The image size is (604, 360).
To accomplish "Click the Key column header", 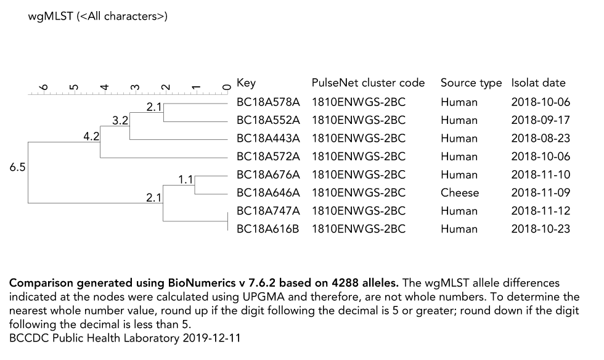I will (246, 83).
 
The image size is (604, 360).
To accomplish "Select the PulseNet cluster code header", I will (368, 83).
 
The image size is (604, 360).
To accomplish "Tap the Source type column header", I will (471, 83).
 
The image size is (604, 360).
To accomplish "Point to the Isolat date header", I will (538, 83).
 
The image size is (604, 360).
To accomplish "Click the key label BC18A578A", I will (268, 102).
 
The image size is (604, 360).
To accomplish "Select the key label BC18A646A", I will (268, 192).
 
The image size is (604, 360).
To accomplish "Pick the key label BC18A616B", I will (268, 229).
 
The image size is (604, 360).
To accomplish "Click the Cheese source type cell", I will (459, 192).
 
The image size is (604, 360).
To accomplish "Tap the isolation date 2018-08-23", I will (541, 138).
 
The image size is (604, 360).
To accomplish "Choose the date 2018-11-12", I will (541, 211).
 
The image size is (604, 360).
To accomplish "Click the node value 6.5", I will (17, 167).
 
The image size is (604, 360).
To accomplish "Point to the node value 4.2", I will (91, 137).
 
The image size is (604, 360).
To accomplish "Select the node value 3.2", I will (120, 120).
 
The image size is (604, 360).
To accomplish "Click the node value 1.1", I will (186, 180).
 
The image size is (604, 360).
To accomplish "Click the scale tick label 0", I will (227, 87).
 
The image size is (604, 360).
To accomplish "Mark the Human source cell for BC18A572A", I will (459, 157).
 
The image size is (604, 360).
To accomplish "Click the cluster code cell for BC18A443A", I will (358, 138).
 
